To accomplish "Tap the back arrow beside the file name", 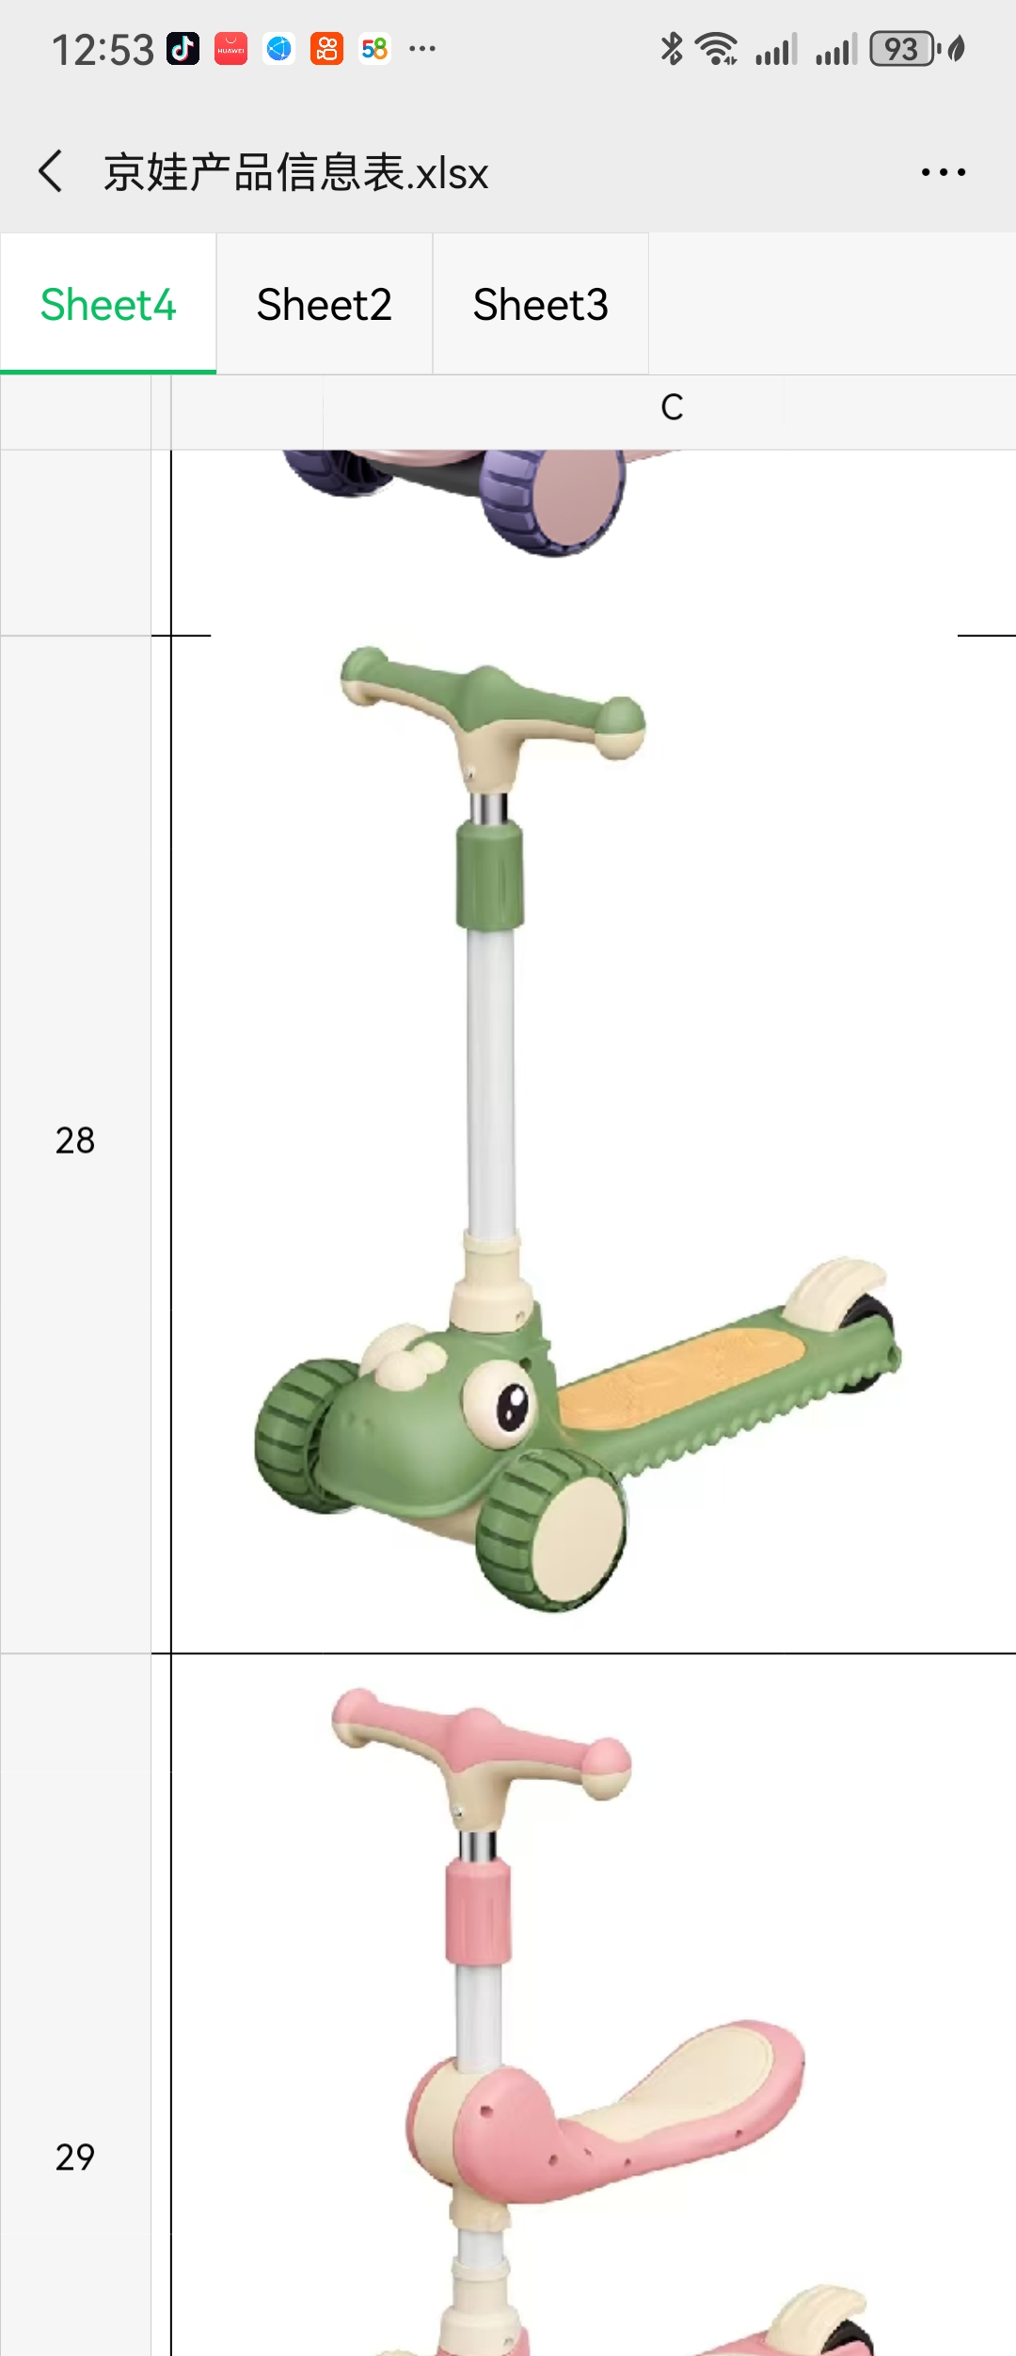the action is [x=51, y=171].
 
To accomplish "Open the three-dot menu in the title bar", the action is [x=944, y=172].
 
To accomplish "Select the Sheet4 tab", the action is [x=108, y=305].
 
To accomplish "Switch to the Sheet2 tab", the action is [x=325, y=305].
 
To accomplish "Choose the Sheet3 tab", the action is [x=541, y=305].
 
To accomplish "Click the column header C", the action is [x=672, y=407].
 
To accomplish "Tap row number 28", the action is [x=75, y=1140].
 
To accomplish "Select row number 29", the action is [x=75, y=2157].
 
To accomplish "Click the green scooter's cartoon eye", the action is [x=499, y=1404].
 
